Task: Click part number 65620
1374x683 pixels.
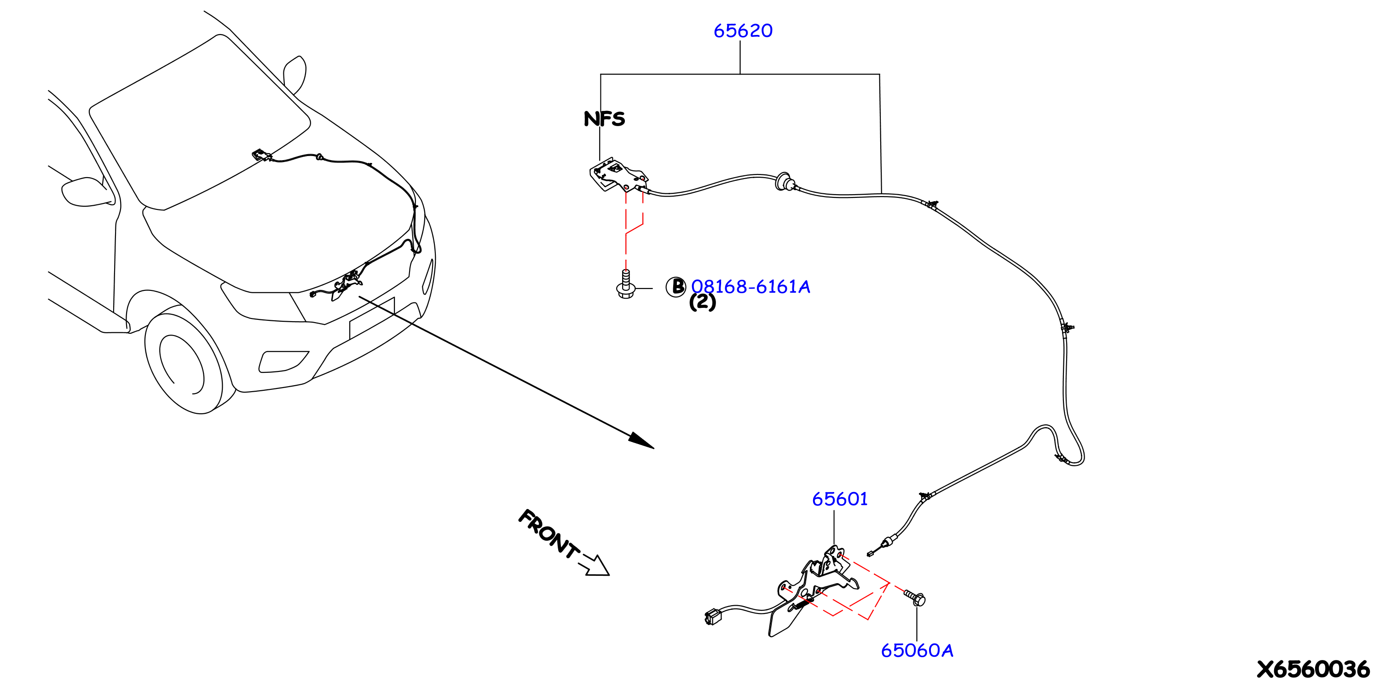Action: point(743,31)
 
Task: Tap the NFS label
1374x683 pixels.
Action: point(604,118)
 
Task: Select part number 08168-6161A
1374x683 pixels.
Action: point(751,287)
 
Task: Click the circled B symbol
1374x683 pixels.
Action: point(676,287)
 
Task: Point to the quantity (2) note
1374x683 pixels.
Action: point(703,302)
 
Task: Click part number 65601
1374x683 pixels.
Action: point(840,499)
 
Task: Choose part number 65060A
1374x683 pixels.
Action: point(917,650)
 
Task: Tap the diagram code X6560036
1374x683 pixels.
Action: point(1313,669)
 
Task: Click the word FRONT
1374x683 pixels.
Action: point(549,533)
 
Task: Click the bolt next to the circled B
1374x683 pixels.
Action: point(626,284)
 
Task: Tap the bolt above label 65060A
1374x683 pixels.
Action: point(915,597)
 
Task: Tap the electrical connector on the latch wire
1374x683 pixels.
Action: point(713,617)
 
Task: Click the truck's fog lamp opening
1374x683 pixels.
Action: point(283,361)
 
